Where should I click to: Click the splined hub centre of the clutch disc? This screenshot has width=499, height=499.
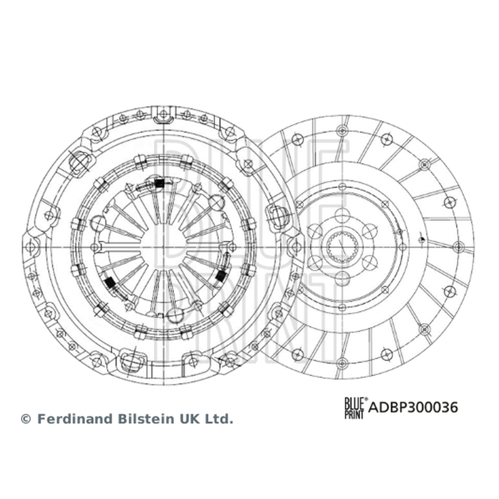click(x=341, y=247)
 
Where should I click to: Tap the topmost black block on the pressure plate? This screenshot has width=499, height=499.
click(x=159, y=183)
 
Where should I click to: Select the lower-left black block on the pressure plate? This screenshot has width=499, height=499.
click(x=110, y=283)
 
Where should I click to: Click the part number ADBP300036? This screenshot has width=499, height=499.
click(x=413, y=407)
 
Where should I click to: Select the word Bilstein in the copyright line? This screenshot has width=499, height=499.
click(x=146, y=419)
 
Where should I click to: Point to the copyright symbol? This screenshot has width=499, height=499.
click(x=26, y=419)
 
